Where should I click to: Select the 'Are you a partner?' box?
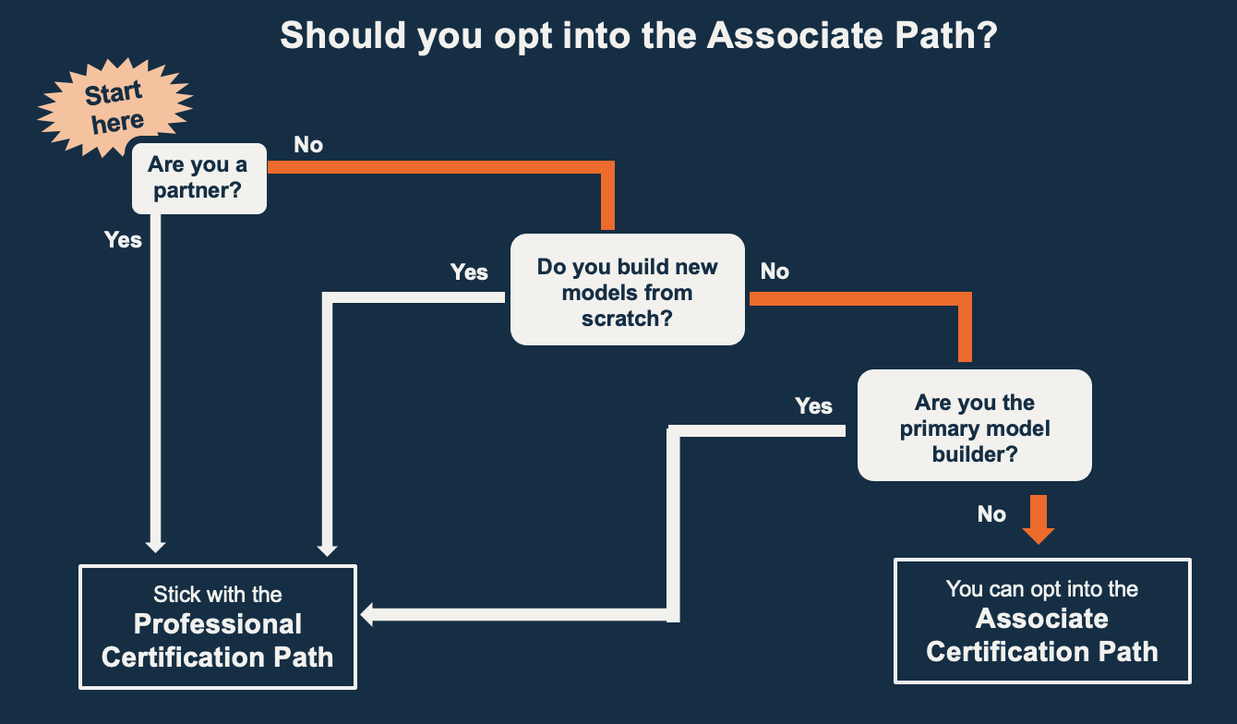point(198,178)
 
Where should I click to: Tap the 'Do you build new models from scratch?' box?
point(628,290)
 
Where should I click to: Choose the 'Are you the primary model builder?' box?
point(975,425)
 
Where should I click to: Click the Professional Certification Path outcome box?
point(218,627)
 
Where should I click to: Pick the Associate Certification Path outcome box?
point(1042,621)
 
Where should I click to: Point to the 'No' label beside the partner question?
point(308,145)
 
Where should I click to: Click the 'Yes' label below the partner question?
point(123,240)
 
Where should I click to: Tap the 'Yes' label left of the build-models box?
point(469,271)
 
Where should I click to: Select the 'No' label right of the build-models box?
point(775,271)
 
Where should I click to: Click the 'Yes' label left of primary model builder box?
point(813,406)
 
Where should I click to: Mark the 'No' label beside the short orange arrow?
point(991,514)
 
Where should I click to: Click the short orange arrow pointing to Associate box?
point(1039,519)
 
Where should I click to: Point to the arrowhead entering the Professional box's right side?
point(366,615)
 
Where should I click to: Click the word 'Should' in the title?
point(342,35)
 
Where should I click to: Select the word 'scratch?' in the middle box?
point(628,319)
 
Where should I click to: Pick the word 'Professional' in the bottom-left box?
point(218,624)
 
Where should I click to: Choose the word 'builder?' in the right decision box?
point(975,454)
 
